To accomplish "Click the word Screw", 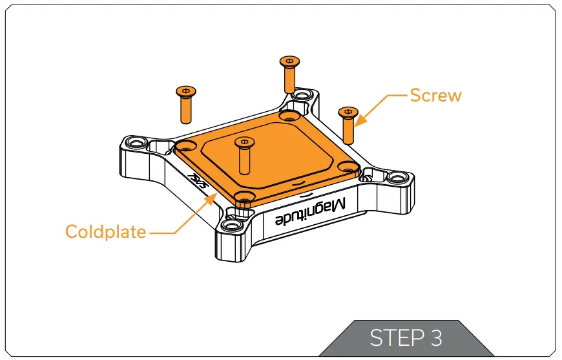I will point(436,96).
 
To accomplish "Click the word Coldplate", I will point(105,231).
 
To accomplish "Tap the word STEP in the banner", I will point(393,338).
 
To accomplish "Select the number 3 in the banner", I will point(435,338).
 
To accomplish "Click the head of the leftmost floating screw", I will point(186,92).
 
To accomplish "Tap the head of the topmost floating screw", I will point(289,61).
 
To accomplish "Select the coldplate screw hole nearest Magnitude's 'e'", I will point(243,196).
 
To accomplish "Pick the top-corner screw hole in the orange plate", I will point(289,116).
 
